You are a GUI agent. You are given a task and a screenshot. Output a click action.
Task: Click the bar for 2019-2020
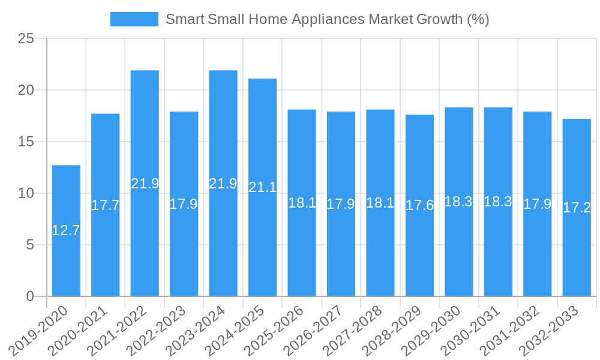pyautogui.click(x=66, y=230)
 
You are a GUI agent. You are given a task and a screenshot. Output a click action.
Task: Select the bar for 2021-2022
pyautogui.click(x=145, y=183)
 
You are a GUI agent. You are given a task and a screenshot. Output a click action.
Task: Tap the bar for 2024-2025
pyautogui.click(x=263, y=187)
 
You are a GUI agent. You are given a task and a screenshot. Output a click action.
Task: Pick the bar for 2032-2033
pyautogui.click(x=577, y=207)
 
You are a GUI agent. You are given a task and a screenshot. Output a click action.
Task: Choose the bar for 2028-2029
pyautogui.click(x=419, y=205)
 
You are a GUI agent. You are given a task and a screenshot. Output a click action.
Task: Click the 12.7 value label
pyautogui.click(x=66, y=230)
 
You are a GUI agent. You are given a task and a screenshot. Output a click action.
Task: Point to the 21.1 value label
pyautogui.click(x=263, y=187)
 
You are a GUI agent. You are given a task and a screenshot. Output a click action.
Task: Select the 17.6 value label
pyautogui.click(x=419, y=205)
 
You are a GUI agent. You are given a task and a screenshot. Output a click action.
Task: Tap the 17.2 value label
pyautogui.click(x=577, y=208)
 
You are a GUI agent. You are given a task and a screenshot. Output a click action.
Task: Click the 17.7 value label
pyautogui.click(x=106, y=205)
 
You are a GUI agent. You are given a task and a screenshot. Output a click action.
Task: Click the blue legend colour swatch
pyautogui.click(x=134, y=19)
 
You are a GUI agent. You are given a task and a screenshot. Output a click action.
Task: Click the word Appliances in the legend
pyautogui.click(x=328, y=19)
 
